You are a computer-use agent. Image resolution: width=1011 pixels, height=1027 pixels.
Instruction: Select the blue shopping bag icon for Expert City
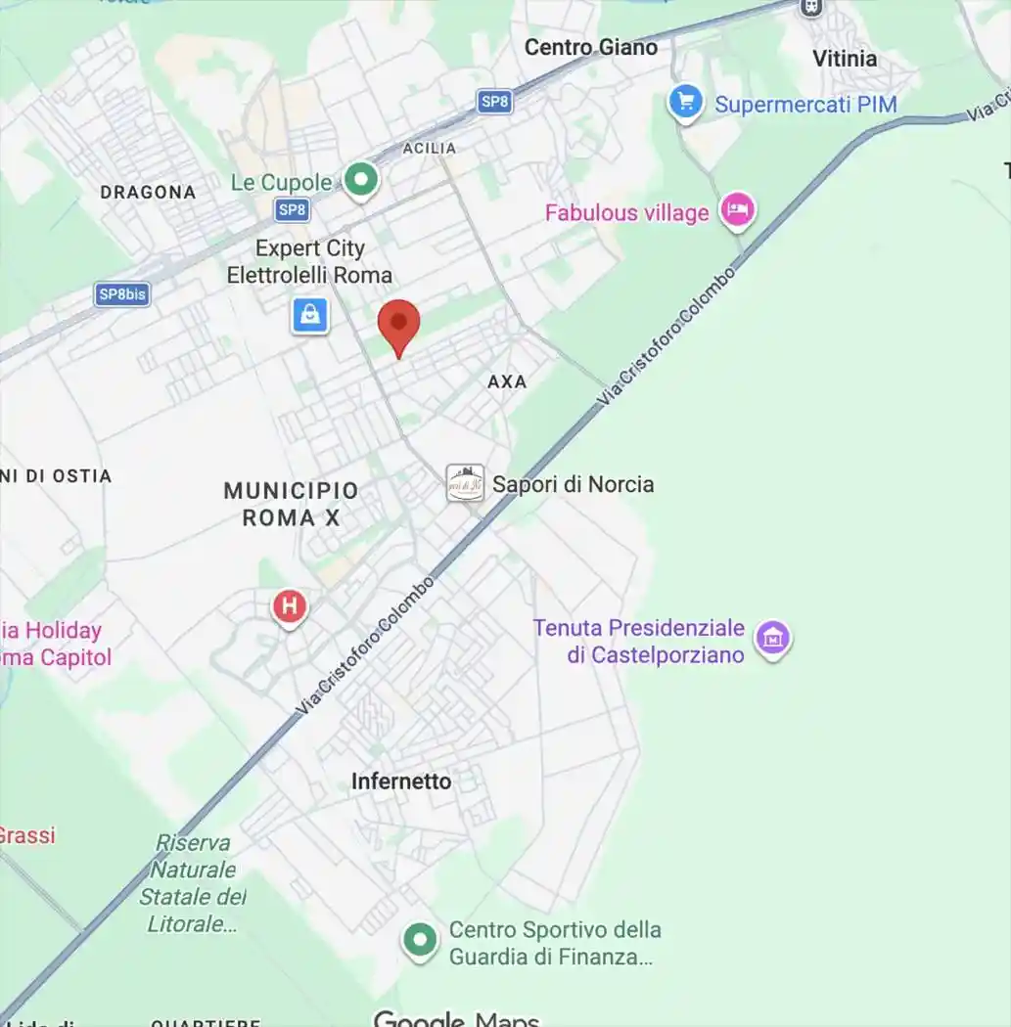[310, 315]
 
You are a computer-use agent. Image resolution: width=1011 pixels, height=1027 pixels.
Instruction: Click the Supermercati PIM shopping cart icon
[685, 102]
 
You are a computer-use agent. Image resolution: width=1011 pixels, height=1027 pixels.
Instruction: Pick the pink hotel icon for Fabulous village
[738, 209]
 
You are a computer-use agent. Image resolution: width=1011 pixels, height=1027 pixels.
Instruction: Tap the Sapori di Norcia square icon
[465, 483]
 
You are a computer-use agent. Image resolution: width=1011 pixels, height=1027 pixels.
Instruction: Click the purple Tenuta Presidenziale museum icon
[773, 638]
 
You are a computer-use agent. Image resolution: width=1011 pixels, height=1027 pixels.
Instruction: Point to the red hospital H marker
[289, 606]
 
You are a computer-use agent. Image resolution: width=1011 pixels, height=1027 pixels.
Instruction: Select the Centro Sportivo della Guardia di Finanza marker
[421, 941]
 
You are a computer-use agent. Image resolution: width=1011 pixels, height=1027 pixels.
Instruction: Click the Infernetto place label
[401, 781]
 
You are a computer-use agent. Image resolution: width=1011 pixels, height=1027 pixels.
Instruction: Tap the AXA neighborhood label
[507, 381]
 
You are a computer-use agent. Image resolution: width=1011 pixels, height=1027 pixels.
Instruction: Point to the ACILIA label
[430, 148]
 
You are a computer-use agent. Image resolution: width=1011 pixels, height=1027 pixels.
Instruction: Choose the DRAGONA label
[148, 193]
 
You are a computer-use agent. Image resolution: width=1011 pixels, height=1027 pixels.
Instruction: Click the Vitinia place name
[845, 59]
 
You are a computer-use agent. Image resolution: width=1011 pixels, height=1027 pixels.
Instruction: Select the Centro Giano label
[590, 47]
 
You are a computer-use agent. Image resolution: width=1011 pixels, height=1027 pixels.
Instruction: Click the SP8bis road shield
[122, 293]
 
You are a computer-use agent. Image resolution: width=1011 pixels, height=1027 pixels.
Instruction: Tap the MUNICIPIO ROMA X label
[291, 504]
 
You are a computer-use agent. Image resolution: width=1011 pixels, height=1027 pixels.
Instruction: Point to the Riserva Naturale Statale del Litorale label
[193, 882]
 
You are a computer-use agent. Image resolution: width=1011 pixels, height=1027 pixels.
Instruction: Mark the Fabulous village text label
[626, 212]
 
